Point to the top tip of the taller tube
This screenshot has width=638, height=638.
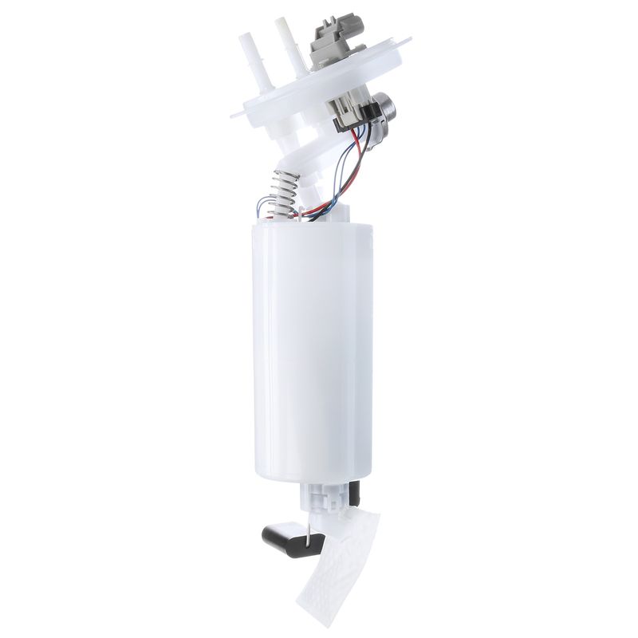(282, 22)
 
